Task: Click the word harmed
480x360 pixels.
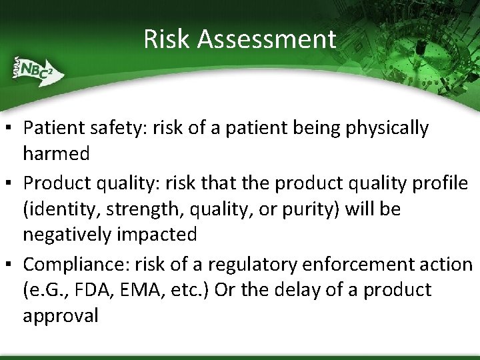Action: (x=56, y=153)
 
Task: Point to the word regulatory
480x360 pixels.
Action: (x=253, y=265)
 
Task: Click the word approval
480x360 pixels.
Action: (x=60, y=315)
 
